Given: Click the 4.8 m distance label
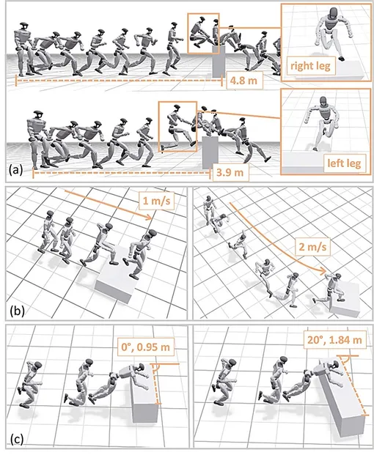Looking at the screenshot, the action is tap(244, 80).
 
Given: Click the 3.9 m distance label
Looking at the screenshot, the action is tap(230, 173).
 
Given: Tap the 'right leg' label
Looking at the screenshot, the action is tap(310, 66).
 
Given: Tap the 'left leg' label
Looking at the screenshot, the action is tap(344, 163).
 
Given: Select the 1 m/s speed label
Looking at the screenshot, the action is tap(156, 201).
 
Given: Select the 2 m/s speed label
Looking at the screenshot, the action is tap(312, 247).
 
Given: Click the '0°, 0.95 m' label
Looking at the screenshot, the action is tap(145, 347).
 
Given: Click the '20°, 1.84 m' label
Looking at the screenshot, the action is tap(334, 339).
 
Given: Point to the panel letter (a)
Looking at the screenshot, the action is tap(16, 170).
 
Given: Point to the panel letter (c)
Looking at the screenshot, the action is tap(17, 440).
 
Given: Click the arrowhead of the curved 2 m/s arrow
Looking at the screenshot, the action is tap(323, 272).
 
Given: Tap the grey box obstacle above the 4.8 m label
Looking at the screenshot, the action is tap(219, 62).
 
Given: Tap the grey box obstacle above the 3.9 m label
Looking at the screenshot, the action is tap(210, 152).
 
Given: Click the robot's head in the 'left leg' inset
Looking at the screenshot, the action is tap(323, 101).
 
